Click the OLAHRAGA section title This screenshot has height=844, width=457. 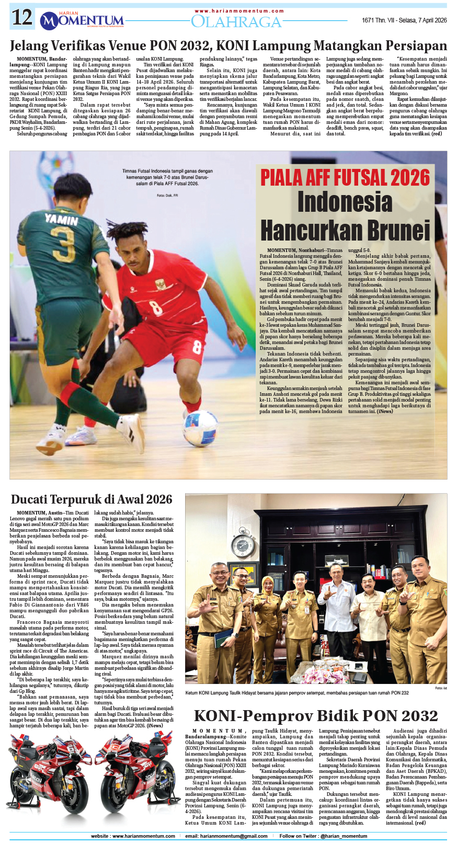point(236,21)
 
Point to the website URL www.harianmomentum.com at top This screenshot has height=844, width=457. point(239,10)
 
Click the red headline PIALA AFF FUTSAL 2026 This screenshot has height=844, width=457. point(345,178)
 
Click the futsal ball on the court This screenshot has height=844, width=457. point(201,428)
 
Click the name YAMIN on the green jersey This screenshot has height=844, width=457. point(61,219)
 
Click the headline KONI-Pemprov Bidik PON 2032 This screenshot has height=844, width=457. point(315,715)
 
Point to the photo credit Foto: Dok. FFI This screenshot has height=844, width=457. point(167,196)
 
